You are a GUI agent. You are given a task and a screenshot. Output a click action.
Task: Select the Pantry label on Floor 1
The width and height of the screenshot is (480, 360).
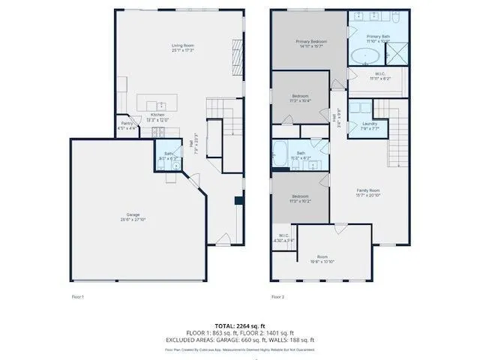[127, 125]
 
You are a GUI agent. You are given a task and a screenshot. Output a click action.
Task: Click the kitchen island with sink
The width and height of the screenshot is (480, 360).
[162, 104]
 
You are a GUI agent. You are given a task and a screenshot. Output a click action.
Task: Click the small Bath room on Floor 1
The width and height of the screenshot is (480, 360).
[169, 156]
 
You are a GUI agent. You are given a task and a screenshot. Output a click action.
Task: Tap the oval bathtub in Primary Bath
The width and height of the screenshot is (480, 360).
[365, 55]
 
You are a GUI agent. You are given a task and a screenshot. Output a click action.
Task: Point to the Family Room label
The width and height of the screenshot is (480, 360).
[368, 193]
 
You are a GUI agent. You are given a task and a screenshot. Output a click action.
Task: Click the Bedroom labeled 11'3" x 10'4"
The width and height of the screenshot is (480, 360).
[300, 98]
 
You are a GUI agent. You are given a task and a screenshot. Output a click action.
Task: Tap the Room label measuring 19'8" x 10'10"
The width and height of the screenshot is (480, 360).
[322, 259]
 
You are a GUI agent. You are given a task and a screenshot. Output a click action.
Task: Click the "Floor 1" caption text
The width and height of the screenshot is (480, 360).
[78, 297]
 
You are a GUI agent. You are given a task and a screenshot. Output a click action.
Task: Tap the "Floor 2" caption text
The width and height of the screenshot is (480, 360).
[277, 297]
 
